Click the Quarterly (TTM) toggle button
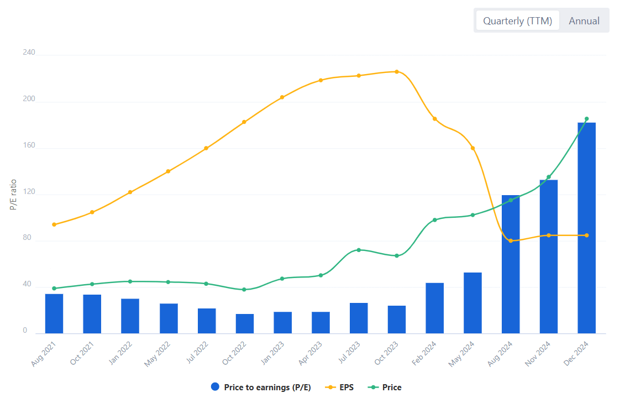point(517,21)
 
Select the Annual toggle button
point(584,21)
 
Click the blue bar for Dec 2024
point(586,228)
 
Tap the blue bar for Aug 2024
point(511,264)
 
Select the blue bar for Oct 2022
point(245,324)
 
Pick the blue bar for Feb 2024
point(434,308)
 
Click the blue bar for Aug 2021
point(54,313)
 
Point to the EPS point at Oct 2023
point(397,72)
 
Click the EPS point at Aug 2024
point(511,241)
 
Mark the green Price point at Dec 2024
point(586,119)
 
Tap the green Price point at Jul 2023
point(359,250)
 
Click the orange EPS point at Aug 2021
point(54,224)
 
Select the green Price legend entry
point(385,387)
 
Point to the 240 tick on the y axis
point(29,53)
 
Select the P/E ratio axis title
point(13,195)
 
